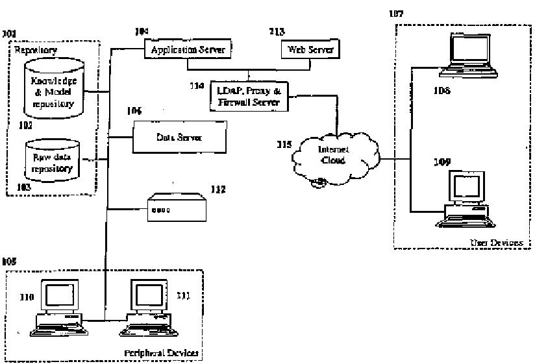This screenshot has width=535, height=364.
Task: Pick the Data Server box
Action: pyautogui.click(x=179, y=138)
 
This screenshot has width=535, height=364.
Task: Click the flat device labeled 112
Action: pyautogui.click(x=177, y=207)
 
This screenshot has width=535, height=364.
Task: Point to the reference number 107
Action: pyautogui.click(x=396, y=13)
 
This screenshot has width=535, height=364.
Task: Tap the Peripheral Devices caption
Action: pyautogui.click(x=161, y=353)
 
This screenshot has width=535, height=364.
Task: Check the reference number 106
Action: pyautogui.click(x=134, y=111)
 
